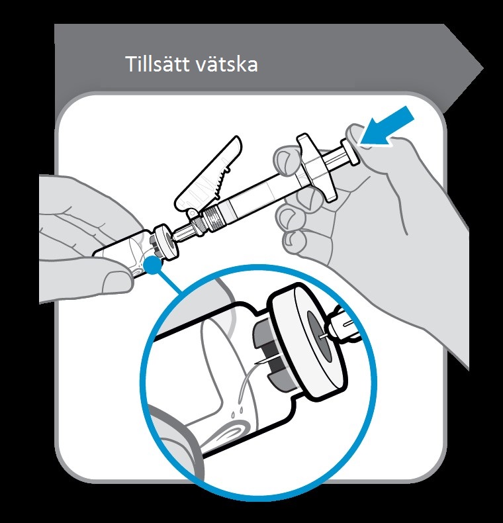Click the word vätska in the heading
click(x=226, y=64)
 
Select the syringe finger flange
click(x=315, y=167)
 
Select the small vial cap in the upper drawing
click(x=165, y=242)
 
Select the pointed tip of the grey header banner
click(x=483, y=69)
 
